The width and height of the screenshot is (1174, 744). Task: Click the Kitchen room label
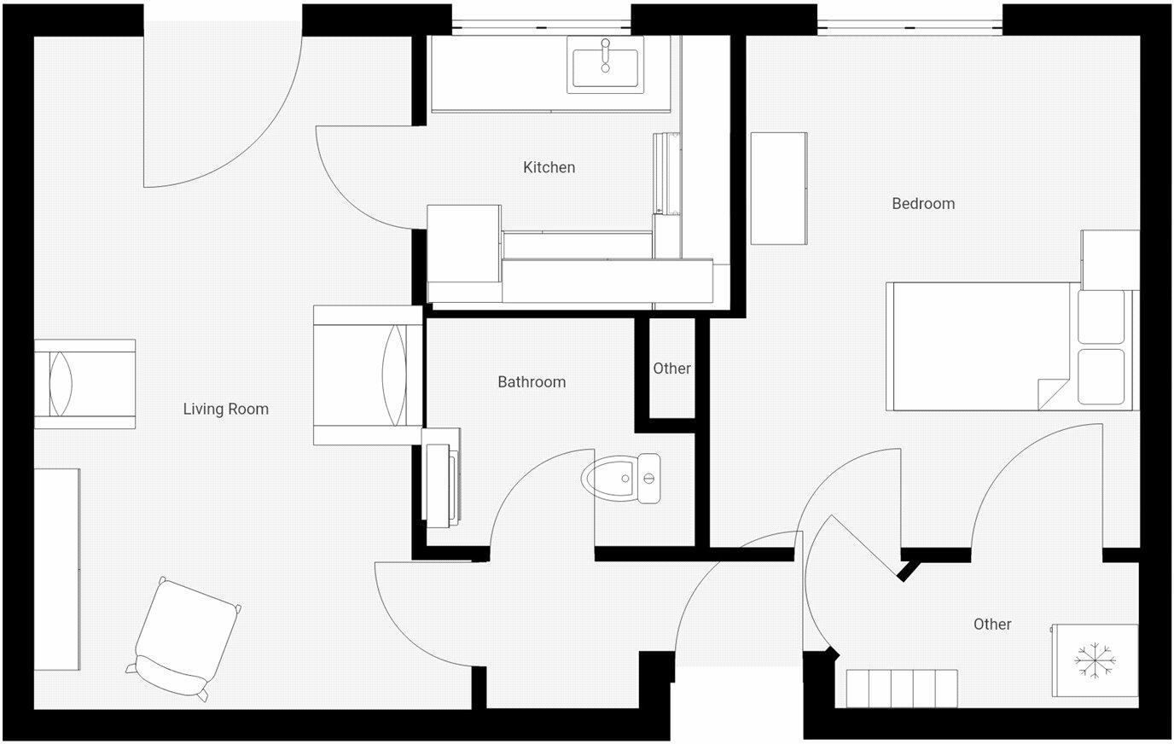pos(549,167)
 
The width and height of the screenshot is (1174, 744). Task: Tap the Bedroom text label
pos(922,203)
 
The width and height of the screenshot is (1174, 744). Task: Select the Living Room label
pos(225,409)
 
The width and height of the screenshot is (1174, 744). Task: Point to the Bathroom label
pos(532,381)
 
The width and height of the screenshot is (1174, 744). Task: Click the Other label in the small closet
pos(671,369)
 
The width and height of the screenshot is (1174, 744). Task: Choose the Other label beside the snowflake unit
pos(991,624)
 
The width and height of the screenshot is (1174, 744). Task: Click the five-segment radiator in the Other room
pos(902,688)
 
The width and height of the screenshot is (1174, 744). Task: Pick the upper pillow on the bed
pos(1101,317)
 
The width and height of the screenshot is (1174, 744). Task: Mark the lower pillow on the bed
pos(1101,375)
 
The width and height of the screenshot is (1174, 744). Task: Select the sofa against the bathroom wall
pos(367,375)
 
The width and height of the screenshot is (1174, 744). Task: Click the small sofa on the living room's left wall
pos(84,384)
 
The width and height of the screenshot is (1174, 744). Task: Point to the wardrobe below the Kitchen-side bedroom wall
pos(778,188)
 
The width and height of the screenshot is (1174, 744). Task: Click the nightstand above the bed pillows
pos(1109,259)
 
